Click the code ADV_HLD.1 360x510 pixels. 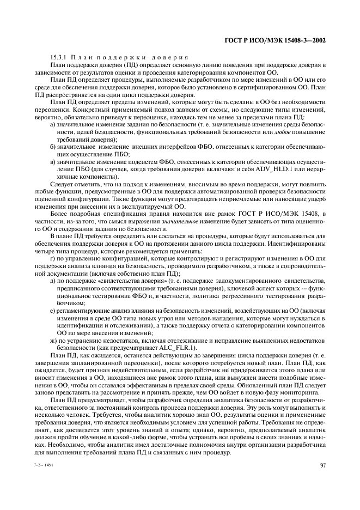point(280,169)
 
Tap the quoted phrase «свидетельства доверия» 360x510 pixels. point(128,281)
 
